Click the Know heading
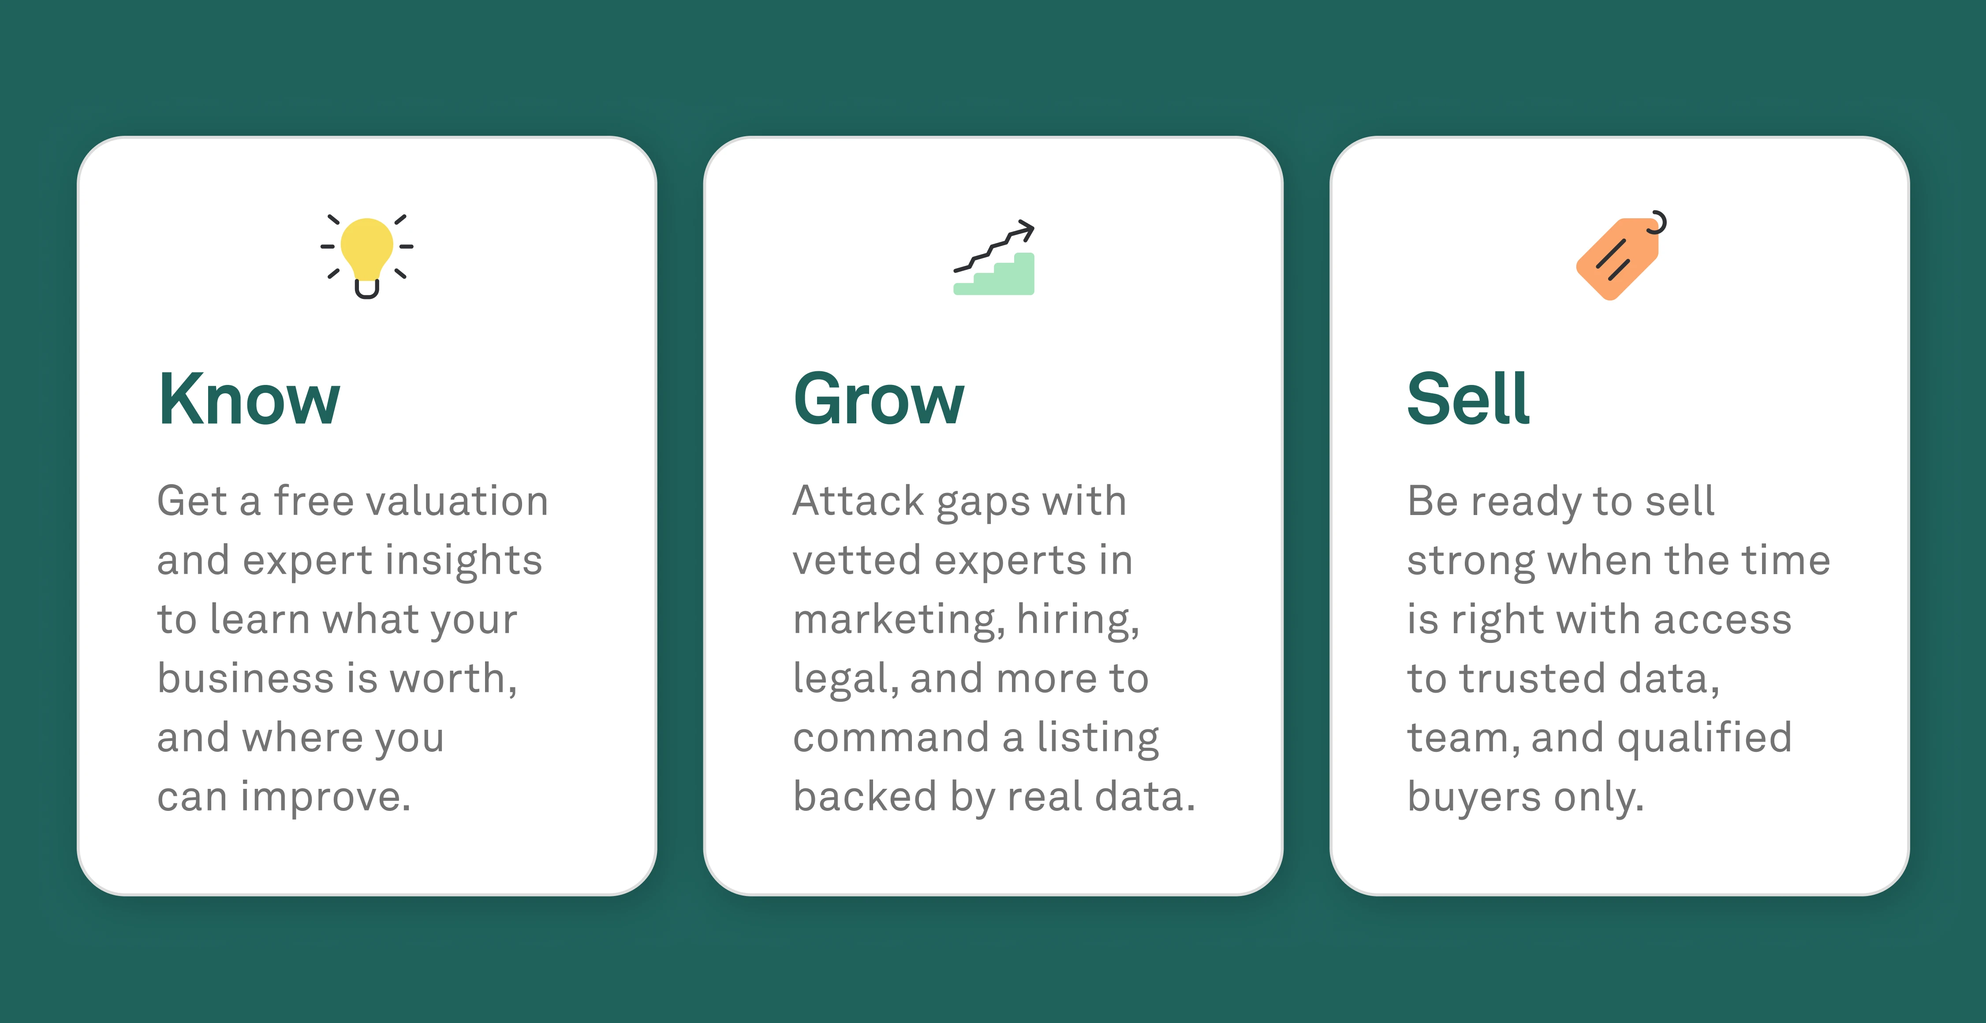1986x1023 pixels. point(249,399)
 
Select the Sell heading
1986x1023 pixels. point(1467,399)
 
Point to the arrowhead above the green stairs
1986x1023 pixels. point(1025,229)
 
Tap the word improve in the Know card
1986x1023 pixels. point(325,797)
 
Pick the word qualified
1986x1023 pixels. point(1704,739)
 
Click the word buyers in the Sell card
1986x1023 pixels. point(1473,797)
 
